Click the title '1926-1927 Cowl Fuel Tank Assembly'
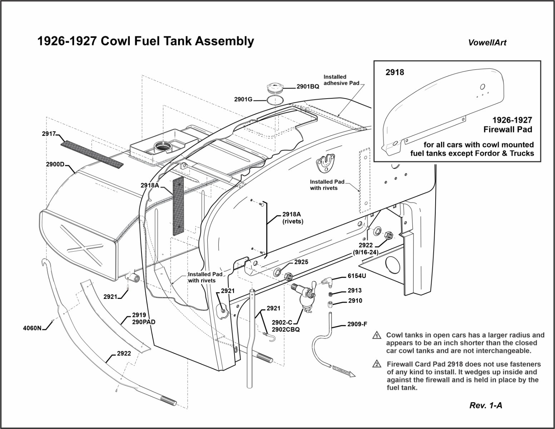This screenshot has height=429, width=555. pyautogui.click(x=145, y=41)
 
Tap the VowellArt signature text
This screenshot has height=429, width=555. pyautogui.click(x=487, y=43)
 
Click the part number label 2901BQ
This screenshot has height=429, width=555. pyautogui.click(x=308, y=87)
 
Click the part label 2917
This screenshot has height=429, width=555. pyautogui.click(x=49, y=134)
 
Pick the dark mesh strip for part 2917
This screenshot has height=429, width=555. pyautogui.click(x=91, y=154)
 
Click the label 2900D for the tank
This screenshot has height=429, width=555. pyautogui.click(x=55, y=164)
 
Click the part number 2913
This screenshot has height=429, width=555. pyautogui.click(x=355, y=291)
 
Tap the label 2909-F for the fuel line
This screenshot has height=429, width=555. pyautogui.click(x=357, y=325)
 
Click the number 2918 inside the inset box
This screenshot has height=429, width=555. pyautogui.click(x=395, y=72)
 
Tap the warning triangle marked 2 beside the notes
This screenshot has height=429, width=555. pyautogui.click(x=376, y=365)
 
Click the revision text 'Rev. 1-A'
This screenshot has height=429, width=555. pyautogui.click(x=486, y=405)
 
